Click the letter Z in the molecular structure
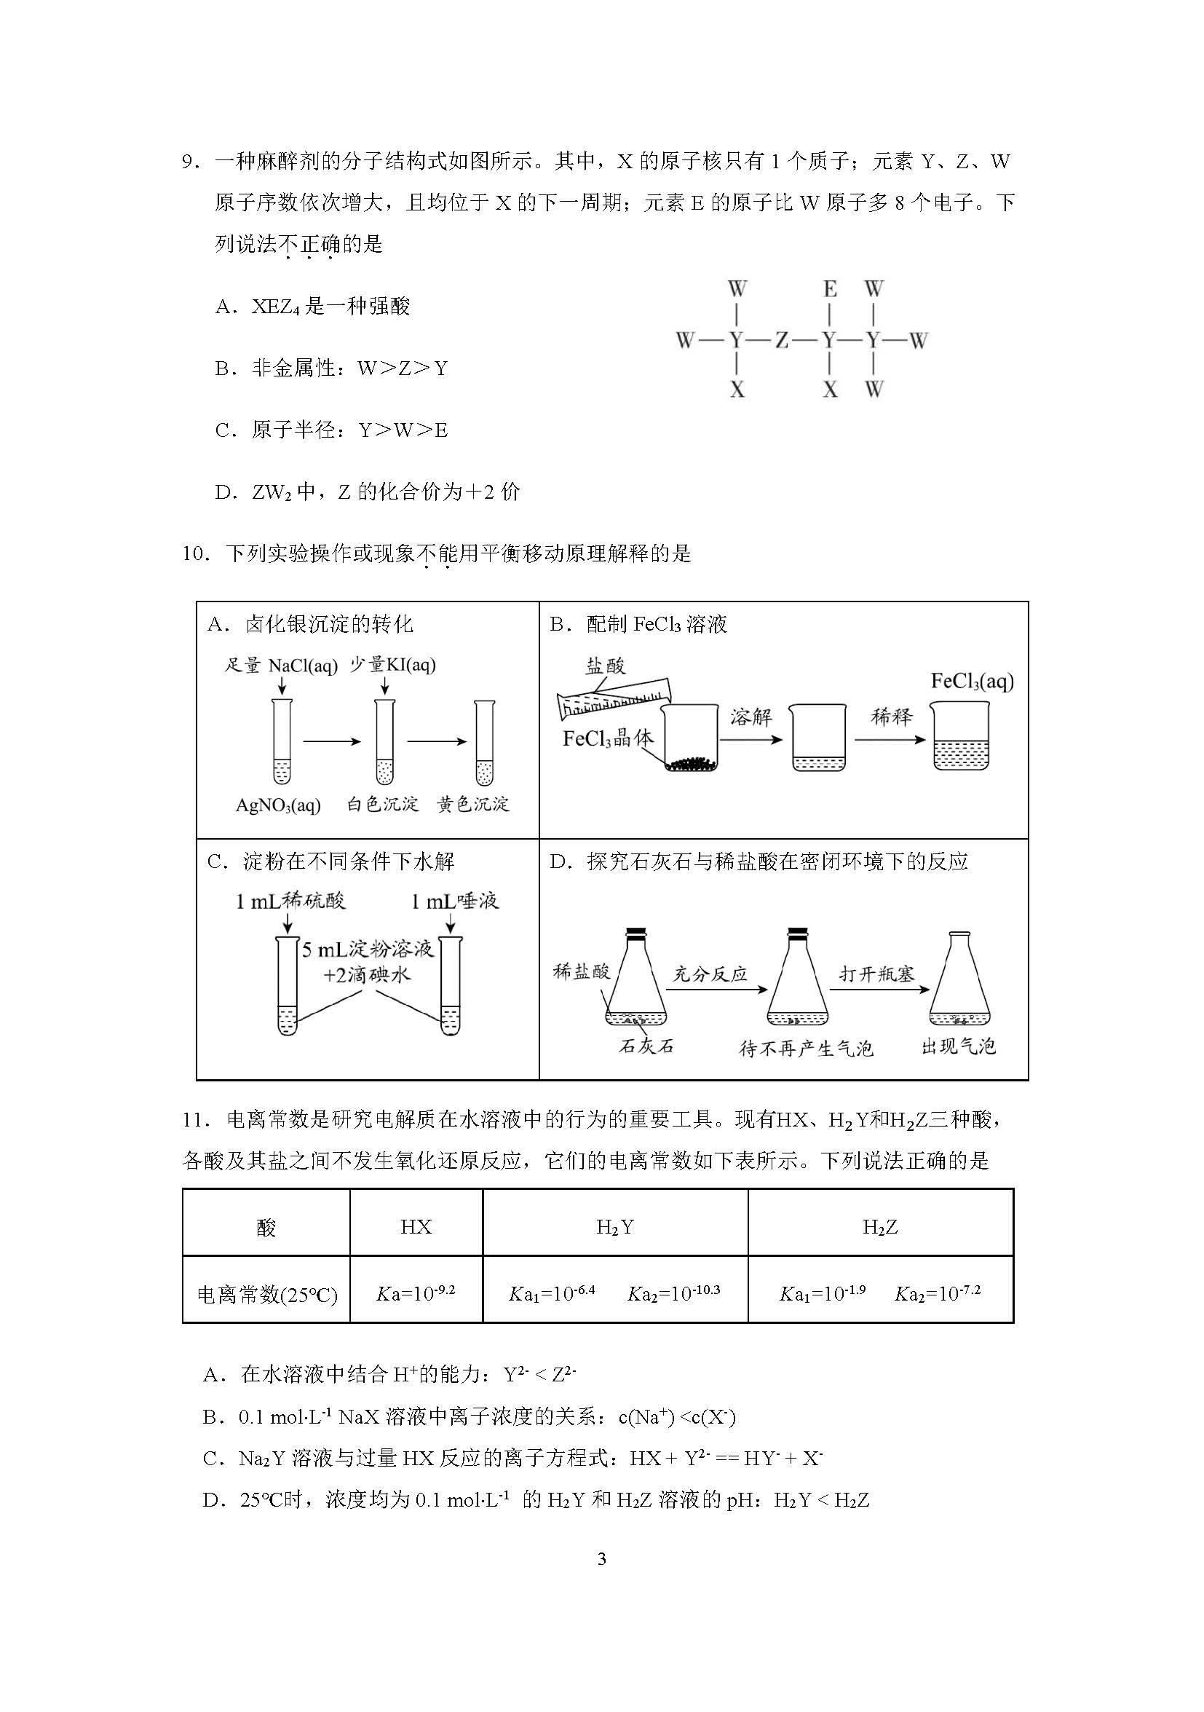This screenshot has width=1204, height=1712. [781, 341]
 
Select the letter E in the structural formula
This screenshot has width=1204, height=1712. [829, 288]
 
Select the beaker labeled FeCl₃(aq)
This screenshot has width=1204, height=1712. [960, 737]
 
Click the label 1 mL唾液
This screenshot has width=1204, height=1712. [455, 902]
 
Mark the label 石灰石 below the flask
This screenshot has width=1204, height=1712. [646, 1046]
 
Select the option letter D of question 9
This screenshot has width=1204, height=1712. [223, 492]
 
